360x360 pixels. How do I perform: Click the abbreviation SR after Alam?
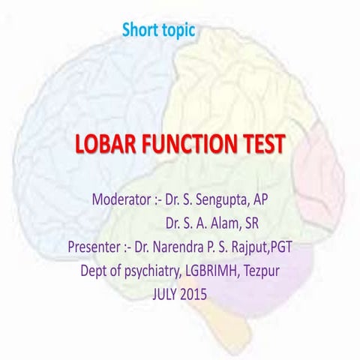(x=255, y=223)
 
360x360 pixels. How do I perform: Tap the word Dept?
(x=96, y=269)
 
